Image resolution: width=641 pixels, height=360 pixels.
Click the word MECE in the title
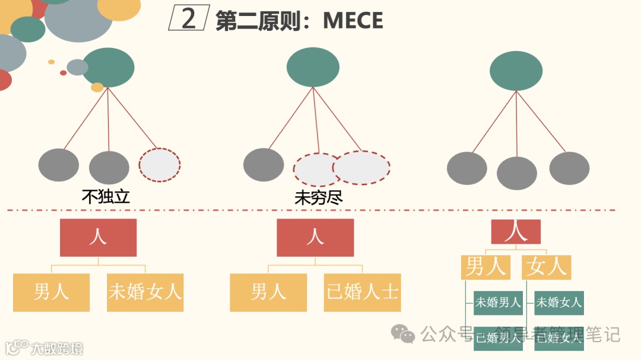pyautogui.click(x=353, y=21)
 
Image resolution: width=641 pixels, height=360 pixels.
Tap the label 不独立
pyautogui.click(x=106, y=197)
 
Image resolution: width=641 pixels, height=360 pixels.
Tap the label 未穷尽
pyautogui.click(x=319, y=197)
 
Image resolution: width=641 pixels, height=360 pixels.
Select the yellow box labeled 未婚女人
pyautogui.click(x=145, y=292)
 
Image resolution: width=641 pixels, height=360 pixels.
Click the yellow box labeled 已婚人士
pyautogui.click(x=362, y=292)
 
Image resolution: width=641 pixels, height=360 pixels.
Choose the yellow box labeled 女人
pyautogui.click(x=546, y=267)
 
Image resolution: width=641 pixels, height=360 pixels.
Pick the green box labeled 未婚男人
pyautogui.click(x=498, y=302)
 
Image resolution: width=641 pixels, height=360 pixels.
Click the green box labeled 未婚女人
pyautogui.click(x=559, y=302)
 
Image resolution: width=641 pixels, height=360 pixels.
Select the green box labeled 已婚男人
pyautogui.click(x=498, y=339)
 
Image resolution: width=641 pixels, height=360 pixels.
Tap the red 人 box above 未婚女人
pyautogui.click(x=98, y=237)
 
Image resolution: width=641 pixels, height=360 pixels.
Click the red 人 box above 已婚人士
pyautogui.click(x=315, y=237)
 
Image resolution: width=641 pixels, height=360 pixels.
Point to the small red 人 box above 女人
pyautogui.click(x=516, y=232)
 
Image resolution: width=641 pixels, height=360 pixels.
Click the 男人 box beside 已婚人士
pyautogui.click(x=268, y=292)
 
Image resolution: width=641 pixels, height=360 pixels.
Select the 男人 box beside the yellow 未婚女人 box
pyautogui.click(x=51, y=292)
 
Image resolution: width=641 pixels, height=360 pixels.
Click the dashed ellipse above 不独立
pyautogui.click(x=160, y=165)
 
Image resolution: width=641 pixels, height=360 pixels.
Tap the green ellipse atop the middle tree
pyautogui.click(x=313, y=67)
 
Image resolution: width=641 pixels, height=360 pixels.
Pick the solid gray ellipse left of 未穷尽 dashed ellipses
pyautogui.click(x=264, y=165)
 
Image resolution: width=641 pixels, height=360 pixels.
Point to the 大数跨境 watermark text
pyautogui.click(x=58, y=348)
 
